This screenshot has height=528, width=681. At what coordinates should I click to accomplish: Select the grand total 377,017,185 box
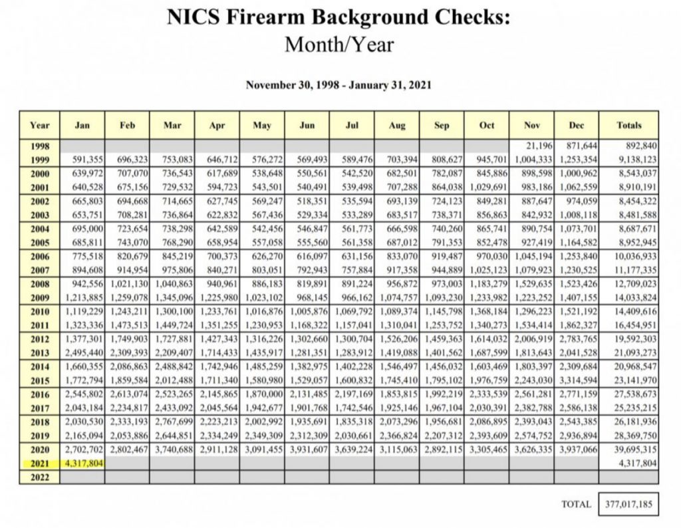(x=628, y=504)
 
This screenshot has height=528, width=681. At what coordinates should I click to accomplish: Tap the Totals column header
(x=628, y=124)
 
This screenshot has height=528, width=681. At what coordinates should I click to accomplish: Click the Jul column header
(x=352, y=124)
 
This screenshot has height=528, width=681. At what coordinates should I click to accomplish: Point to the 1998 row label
(x=39, y=146)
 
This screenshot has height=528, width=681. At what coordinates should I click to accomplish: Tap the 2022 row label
(x=39, y=475)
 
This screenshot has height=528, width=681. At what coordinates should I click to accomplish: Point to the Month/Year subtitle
(x=339, y=45)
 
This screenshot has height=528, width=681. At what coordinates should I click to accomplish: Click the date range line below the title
(x=339, y=85)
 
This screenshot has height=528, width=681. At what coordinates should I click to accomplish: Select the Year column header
(x=39, y=124)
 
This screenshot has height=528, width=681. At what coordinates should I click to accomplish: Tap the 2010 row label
(x=39, y=311)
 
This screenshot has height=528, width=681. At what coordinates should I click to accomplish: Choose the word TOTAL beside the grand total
(x=576, y=504)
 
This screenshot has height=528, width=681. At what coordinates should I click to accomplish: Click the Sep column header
(x=441, y=124)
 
